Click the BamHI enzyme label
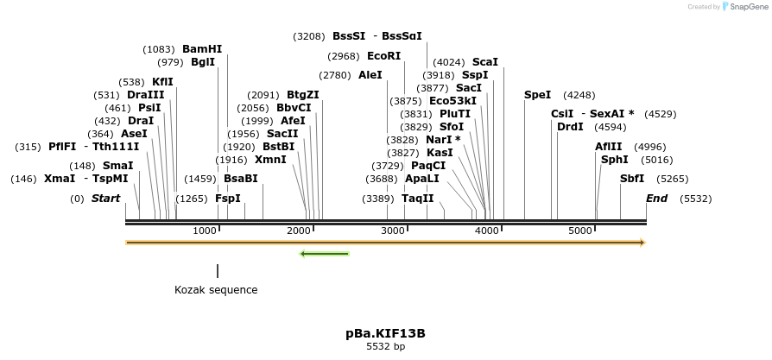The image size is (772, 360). point(202,49)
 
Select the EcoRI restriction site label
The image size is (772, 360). point(384,56)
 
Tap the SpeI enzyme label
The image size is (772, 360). point(537,94)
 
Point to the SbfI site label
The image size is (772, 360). point(632,179)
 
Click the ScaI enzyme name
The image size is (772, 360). point(485,62)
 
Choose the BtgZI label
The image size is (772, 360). point(303,95)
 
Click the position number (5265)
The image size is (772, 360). point(672,179)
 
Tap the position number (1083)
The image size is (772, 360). point(160,49)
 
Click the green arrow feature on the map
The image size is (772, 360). point(324,254)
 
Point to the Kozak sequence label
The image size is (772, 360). point(216,290)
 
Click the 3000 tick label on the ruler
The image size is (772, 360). point(393,231)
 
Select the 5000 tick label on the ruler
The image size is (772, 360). point(580,231)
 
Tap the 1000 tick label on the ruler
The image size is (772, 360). point(205,231)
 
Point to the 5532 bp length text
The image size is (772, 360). point(385,346)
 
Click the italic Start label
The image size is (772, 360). point(105,199)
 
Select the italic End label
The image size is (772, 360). point(656,199)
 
